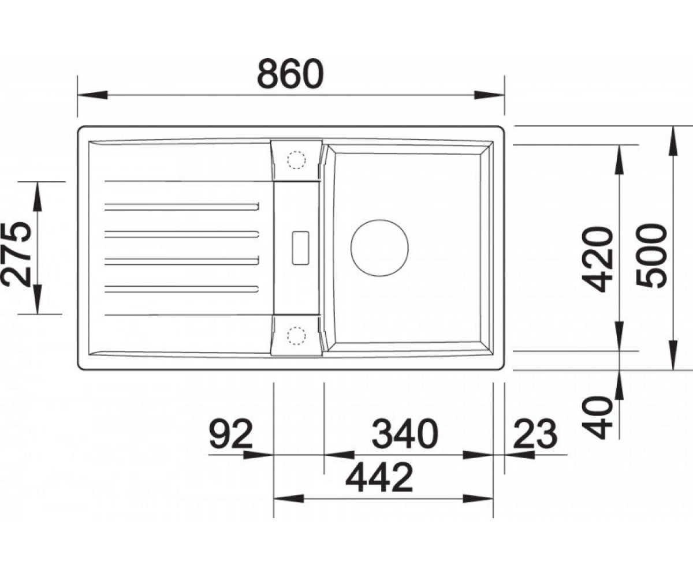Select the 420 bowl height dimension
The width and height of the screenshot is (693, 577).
(x=597, y=259)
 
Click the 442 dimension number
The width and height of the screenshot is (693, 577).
(x=379, y=478)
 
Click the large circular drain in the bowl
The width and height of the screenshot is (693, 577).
(x=379, y=248)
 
